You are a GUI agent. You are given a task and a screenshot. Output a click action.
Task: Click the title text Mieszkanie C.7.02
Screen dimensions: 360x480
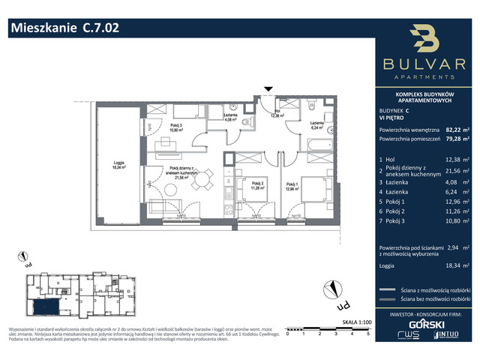click(64, 29)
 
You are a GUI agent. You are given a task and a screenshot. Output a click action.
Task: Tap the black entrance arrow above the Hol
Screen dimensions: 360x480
click(268, 91)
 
